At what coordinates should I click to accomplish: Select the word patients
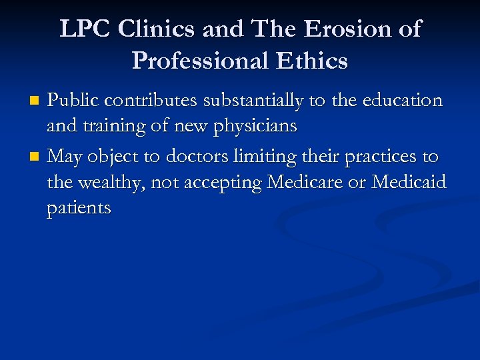pyautogui.click(x=79, y=209)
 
